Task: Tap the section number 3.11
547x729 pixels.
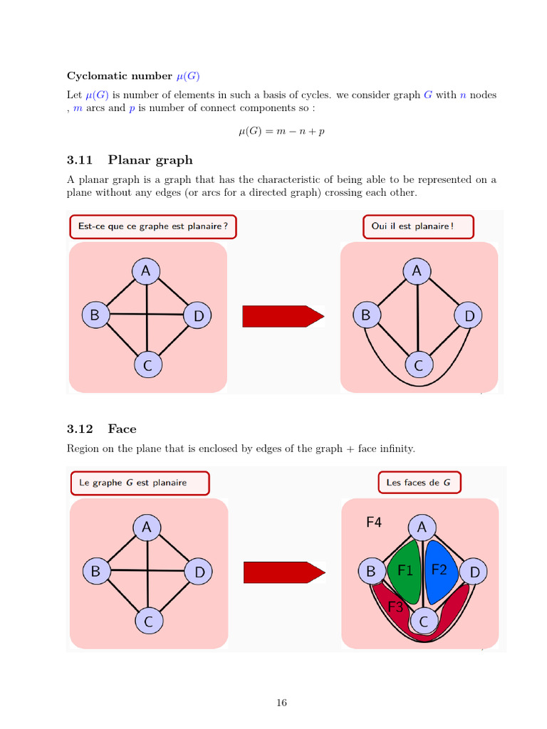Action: click(80, 159)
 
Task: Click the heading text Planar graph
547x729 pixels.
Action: click(150, 159)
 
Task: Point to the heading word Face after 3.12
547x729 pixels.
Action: click(122, 429)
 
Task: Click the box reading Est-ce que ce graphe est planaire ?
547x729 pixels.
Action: click(153, 226)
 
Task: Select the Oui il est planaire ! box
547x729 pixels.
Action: click(417, 226)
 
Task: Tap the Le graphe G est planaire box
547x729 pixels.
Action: click(140, 482)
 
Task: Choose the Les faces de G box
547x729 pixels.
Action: click(418, 482)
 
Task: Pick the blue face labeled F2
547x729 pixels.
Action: click(439, 569)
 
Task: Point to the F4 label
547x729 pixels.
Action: click(374, 523)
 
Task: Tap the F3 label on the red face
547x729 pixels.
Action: click(396, 607)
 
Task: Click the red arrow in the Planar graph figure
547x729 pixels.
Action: click(283, 315)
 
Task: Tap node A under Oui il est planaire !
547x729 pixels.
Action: click(417, 271)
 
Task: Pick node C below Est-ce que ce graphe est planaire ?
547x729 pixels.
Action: click(147, 366)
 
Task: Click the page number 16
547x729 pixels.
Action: click(281, 703)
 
